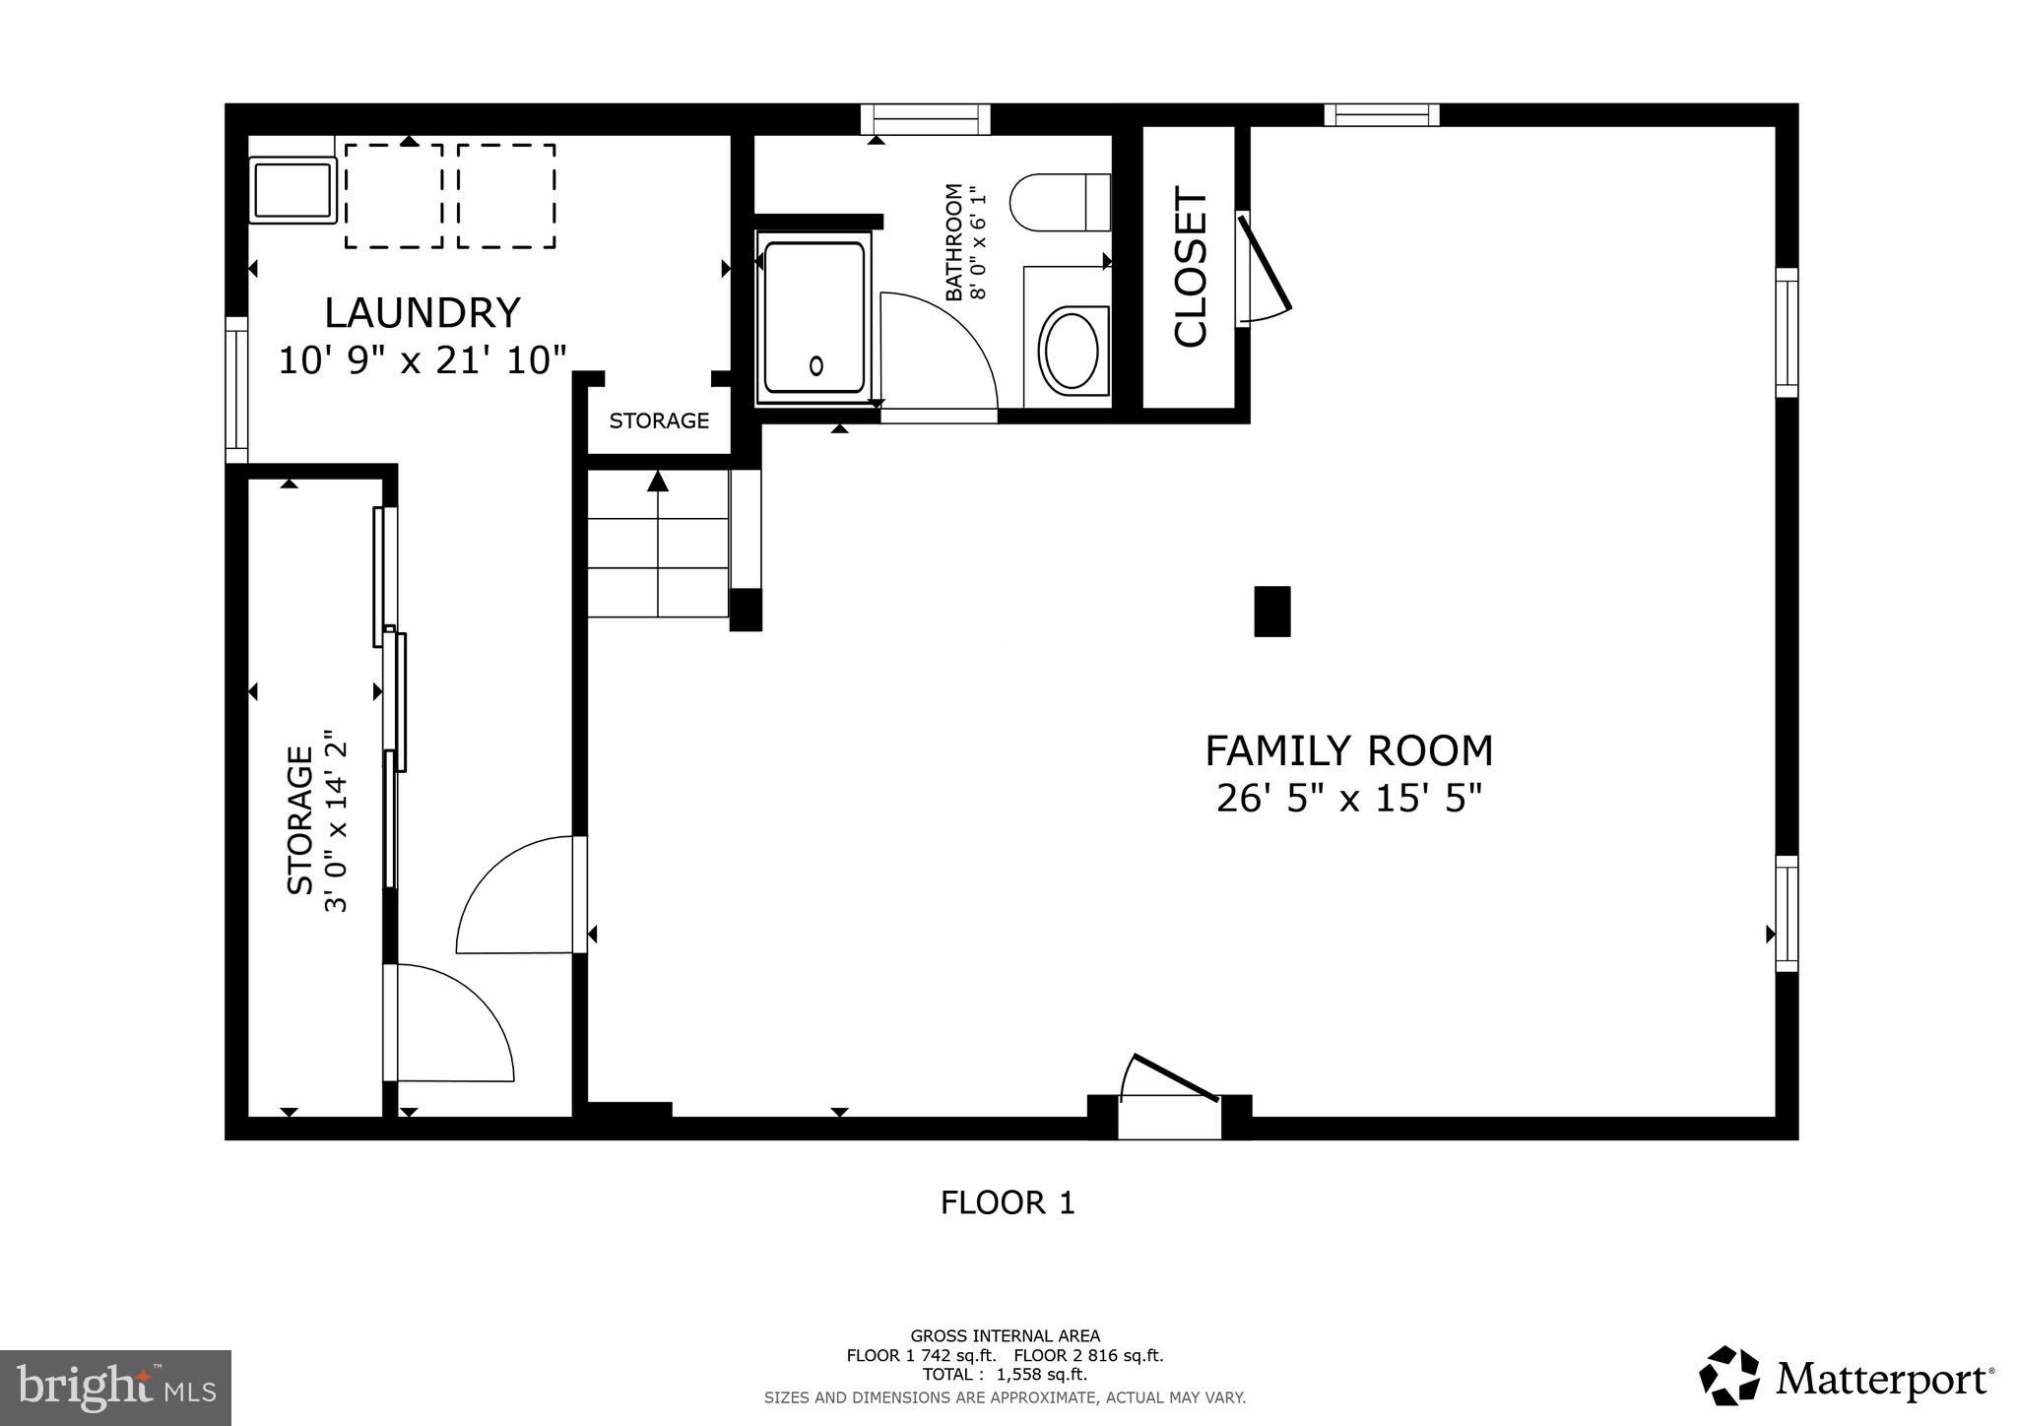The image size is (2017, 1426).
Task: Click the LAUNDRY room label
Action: (422, 313)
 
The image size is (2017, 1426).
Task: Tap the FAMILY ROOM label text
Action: (1348, 751)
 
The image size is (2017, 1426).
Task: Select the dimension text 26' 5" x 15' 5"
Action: (1348, 799)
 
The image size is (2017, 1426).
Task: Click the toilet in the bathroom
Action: (1059, 202)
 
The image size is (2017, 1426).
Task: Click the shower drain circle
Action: (815, 366)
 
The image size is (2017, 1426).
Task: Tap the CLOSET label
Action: (1191, 267)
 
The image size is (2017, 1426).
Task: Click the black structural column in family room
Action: (1271, 611)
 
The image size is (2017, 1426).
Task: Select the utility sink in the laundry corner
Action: (292, 191)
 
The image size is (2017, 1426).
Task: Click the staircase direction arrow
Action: (658, 483)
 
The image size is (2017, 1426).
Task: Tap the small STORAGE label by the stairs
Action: (659, 421)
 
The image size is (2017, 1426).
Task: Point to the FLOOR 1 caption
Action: (1007, 1202)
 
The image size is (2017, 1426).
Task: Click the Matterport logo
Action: (1846, 1376)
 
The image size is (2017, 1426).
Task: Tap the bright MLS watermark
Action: (115, 1388)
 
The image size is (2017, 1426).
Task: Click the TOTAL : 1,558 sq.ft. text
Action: (1005, 1375)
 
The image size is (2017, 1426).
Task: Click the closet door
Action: (1266, 266)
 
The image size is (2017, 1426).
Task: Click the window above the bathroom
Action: (925, 119)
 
